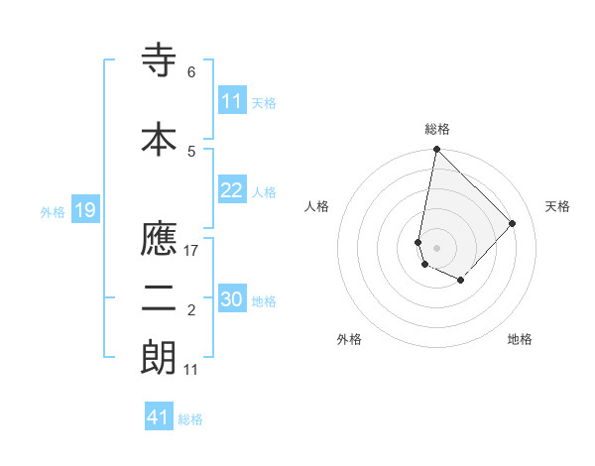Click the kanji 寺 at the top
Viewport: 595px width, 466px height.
(159, 62)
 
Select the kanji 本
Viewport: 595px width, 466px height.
(159, 138)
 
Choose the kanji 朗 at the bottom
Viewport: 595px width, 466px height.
(159, 359)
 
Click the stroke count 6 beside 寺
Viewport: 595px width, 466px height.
(191, 72)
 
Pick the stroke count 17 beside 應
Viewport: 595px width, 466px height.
(192, 250)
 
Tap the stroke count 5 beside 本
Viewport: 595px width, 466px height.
(191, 151)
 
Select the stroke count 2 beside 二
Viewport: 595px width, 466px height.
(191, 311)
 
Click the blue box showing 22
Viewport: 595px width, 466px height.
(232, 191)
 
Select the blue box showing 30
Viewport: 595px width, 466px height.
(232, 300)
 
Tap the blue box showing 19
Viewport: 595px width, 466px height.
(84, 210)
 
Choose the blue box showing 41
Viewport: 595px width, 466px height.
(158, 417)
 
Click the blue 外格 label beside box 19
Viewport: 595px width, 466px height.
(53, 211)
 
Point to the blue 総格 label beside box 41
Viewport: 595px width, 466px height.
(190, 419)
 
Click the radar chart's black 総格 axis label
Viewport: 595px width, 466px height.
(437, 129)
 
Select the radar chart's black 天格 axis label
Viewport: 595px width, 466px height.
(558, 206)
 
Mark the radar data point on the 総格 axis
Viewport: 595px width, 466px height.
(436, 150)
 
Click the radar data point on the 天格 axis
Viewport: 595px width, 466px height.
(513, 223)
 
